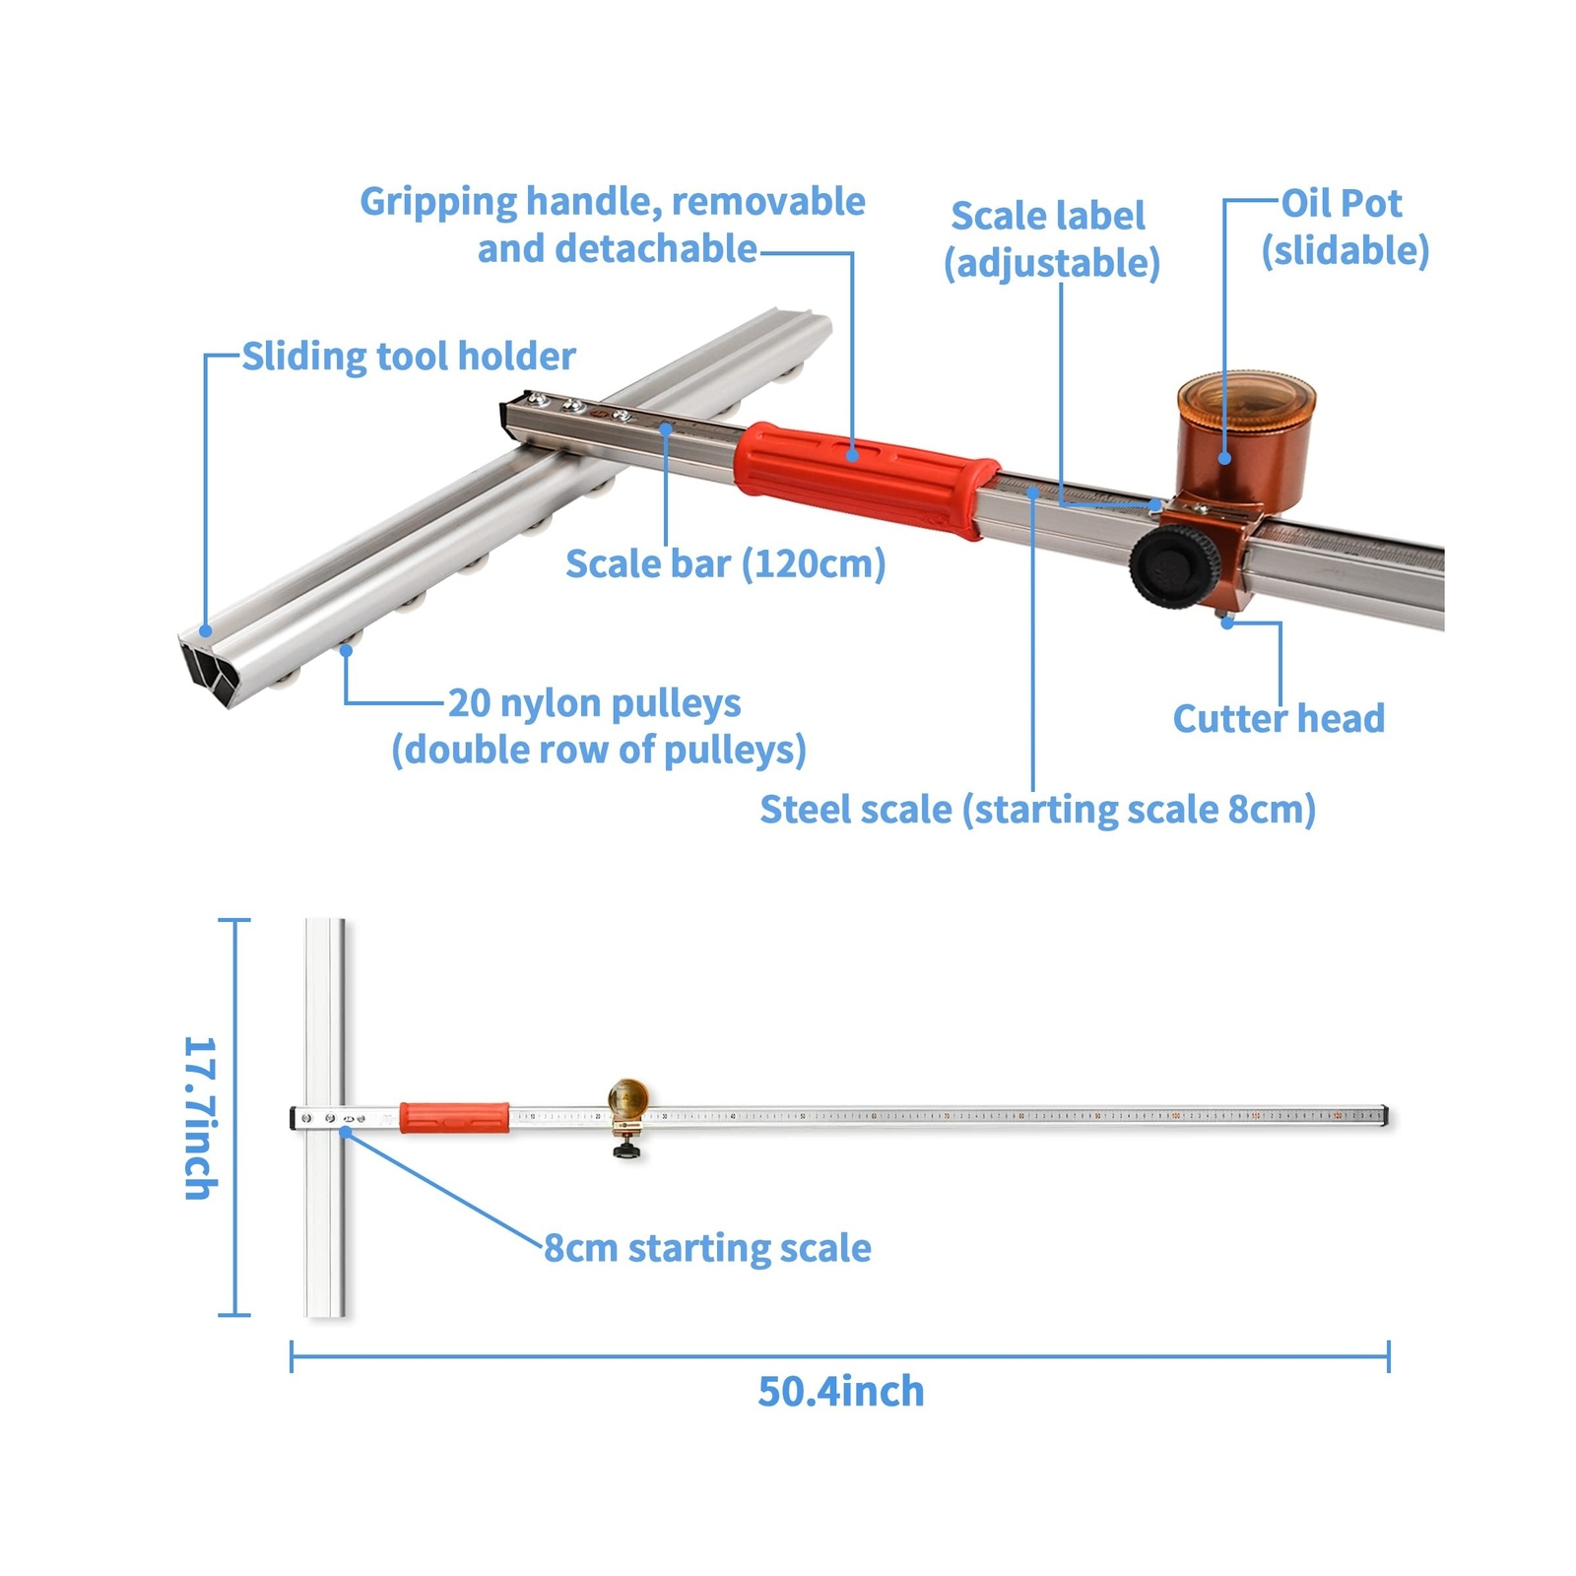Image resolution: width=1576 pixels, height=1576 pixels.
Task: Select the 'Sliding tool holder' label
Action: pos(408,357)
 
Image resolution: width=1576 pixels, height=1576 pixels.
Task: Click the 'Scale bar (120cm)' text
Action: pos(725,564)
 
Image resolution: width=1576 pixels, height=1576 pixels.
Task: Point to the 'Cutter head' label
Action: pos(1278,718)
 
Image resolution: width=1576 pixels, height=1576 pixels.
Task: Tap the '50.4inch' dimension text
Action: pos(840,1392)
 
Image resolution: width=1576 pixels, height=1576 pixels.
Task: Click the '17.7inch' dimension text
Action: pos(201,1117)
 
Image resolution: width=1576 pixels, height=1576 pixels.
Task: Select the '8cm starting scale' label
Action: pos(707,1248)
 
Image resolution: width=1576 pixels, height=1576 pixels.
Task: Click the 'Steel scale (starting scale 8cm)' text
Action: pos(1037,810)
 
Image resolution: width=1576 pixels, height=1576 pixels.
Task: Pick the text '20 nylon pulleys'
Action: pos(594,703)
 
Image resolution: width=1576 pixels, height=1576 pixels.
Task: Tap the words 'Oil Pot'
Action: pos(1341,204)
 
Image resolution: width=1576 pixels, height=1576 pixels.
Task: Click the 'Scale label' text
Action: pos(1047,216)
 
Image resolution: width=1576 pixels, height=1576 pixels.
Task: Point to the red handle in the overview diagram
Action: pos(454,1117)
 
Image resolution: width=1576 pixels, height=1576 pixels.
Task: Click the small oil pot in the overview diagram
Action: pos(627,1098)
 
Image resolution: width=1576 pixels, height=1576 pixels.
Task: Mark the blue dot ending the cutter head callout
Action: pos(1227,623)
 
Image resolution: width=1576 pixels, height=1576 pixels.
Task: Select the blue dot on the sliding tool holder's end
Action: pos(206,630)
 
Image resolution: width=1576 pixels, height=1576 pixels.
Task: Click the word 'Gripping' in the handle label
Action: pos(438,202)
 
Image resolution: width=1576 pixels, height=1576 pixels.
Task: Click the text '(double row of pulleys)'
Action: pos(599,751)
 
